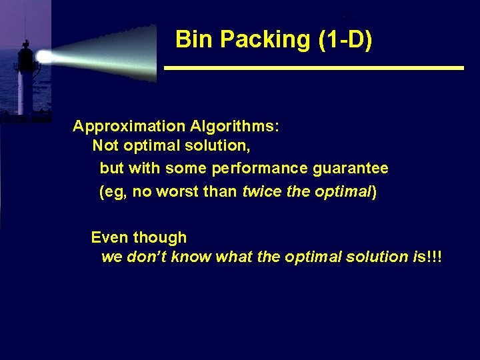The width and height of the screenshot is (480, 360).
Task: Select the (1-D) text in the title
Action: tap(346, 40)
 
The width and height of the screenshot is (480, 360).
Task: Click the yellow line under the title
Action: tap(313, 68)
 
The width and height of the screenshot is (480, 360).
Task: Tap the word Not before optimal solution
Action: tap(104, 145)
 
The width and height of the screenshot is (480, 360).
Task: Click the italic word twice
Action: tap(260, 192)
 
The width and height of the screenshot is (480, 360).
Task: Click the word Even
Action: tap(110, 237)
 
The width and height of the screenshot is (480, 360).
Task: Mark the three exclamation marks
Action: tap(434, 257)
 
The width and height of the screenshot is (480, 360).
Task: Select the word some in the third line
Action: tap(187, 168)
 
